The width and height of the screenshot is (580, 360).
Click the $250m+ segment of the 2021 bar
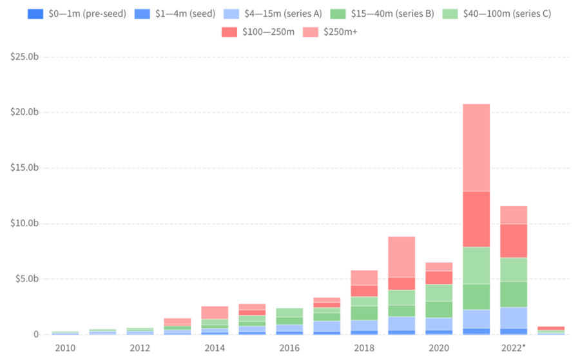[476, 147]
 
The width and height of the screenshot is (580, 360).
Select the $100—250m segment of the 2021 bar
[476, 219]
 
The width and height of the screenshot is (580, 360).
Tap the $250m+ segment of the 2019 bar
[401, 257]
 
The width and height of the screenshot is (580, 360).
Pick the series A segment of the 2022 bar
[514, 317]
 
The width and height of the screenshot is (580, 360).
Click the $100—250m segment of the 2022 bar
[514, 241]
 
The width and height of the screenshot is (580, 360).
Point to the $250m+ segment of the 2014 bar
[215, 312]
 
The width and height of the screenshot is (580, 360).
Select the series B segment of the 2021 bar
[476, 297]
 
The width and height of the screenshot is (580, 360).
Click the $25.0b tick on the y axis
[24, 57]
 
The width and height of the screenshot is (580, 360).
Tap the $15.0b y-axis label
[24, 168]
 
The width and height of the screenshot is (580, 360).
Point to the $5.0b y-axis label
[26, 279]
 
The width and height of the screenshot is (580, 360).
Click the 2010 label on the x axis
[65, 348]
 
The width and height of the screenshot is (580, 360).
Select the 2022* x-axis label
[514, 348]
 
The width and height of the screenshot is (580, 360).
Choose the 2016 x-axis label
[289, 348]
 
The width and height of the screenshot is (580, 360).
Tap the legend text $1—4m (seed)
[185, 13]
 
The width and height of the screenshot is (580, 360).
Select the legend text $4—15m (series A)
[282, 13]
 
